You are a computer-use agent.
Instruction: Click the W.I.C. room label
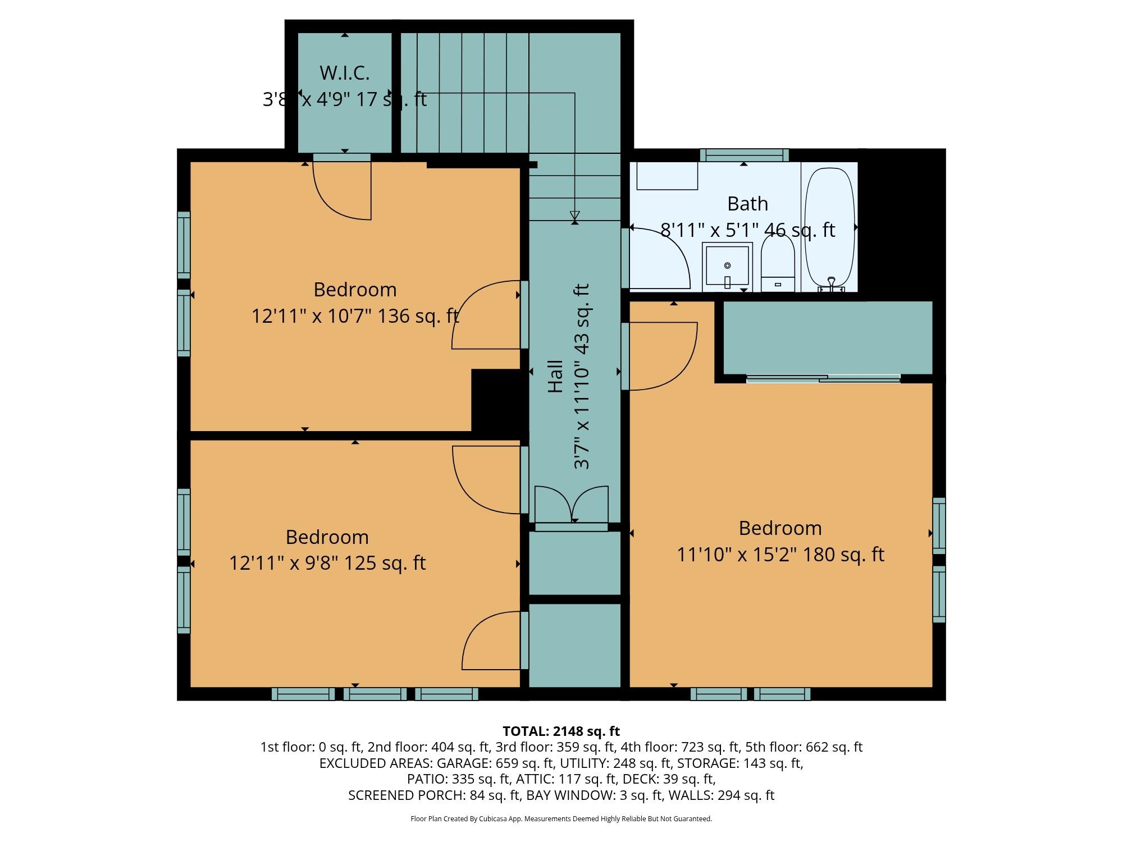(344, 73)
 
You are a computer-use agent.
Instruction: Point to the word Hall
(555, 376)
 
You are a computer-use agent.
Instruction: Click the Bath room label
(747, 204)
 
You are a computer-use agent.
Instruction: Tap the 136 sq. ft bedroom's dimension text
(355, 316)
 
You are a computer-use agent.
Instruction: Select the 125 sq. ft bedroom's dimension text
(327, 562)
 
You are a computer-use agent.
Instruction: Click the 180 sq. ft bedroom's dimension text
(780, 555)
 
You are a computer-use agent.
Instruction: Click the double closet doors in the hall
(571, 505)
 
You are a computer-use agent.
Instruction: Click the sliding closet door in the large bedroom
(823, 379)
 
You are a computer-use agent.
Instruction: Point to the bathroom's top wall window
(744, 155)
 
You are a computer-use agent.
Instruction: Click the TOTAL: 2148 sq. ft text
(561, 731)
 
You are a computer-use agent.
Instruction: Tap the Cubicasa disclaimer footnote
(561, 819)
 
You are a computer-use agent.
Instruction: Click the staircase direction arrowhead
(574, 216)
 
